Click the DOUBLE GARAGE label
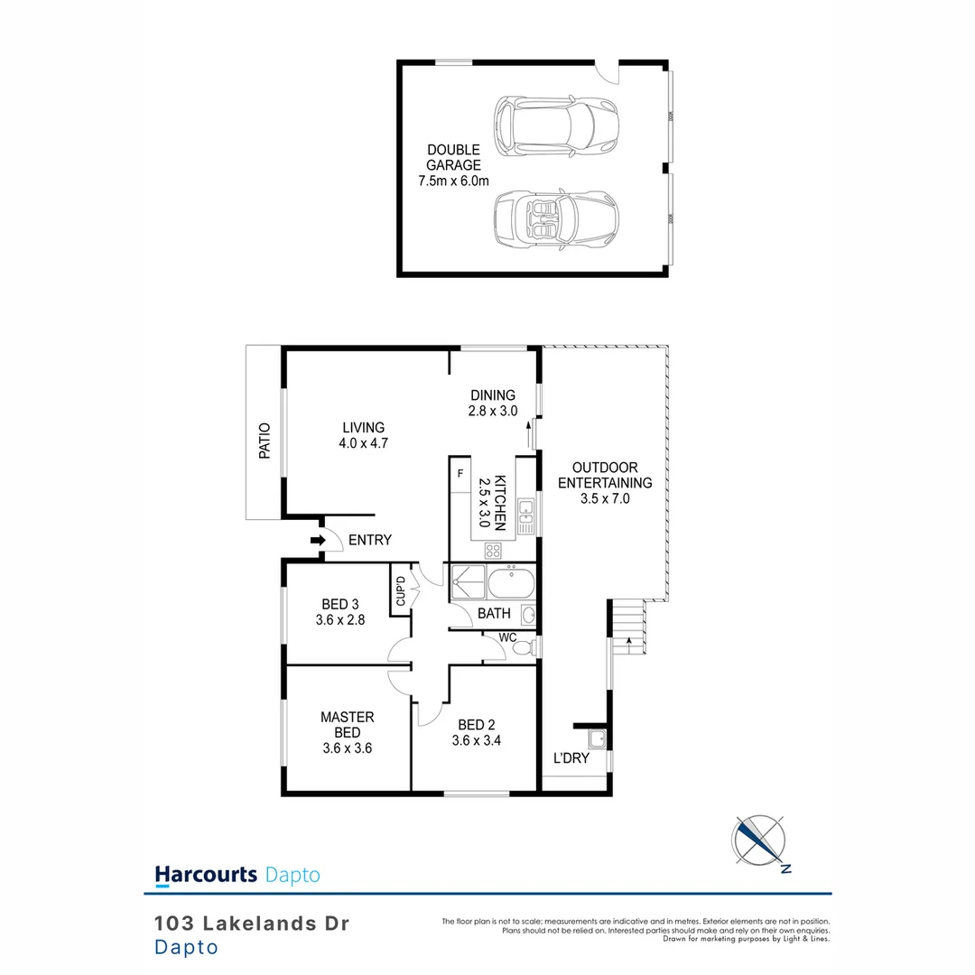tap(453, 165)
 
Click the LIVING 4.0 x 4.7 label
tap(363, 435)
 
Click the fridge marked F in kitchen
tap(460, 473)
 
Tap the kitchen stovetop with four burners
tap(494, 550)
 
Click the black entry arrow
tap(317, 540)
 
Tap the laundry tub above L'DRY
tap(595, 741)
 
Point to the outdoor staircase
tap(627, 625)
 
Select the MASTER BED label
tap(347, 725)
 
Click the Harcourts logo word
tap(207, 874)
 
